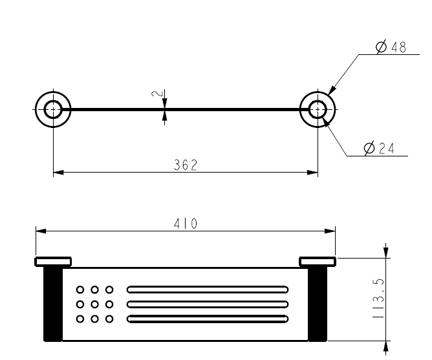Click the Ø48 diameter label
click(391, 47)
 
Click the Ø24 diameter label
click(379, 149)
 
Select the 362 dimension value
click(185, 165)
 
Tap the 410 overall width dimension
click(186, 224)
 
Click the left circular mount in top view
click(53, 109)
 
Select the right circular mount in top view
click(318, 109)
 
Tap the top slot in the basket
click(208, 290)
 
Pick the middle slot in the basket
click(208, 304)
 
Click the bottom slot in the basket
click(208, 319)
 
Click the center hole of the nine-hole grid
click(94, 304)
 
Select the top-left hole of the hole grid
click(80, 290)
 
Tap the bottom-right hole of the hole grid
click(109, 319)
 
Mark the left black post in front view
click(53, 304)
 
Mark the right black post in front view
click(317, 304)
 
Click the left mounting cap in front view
click(53, 261)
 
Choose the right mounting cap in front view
click(317, 261)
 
